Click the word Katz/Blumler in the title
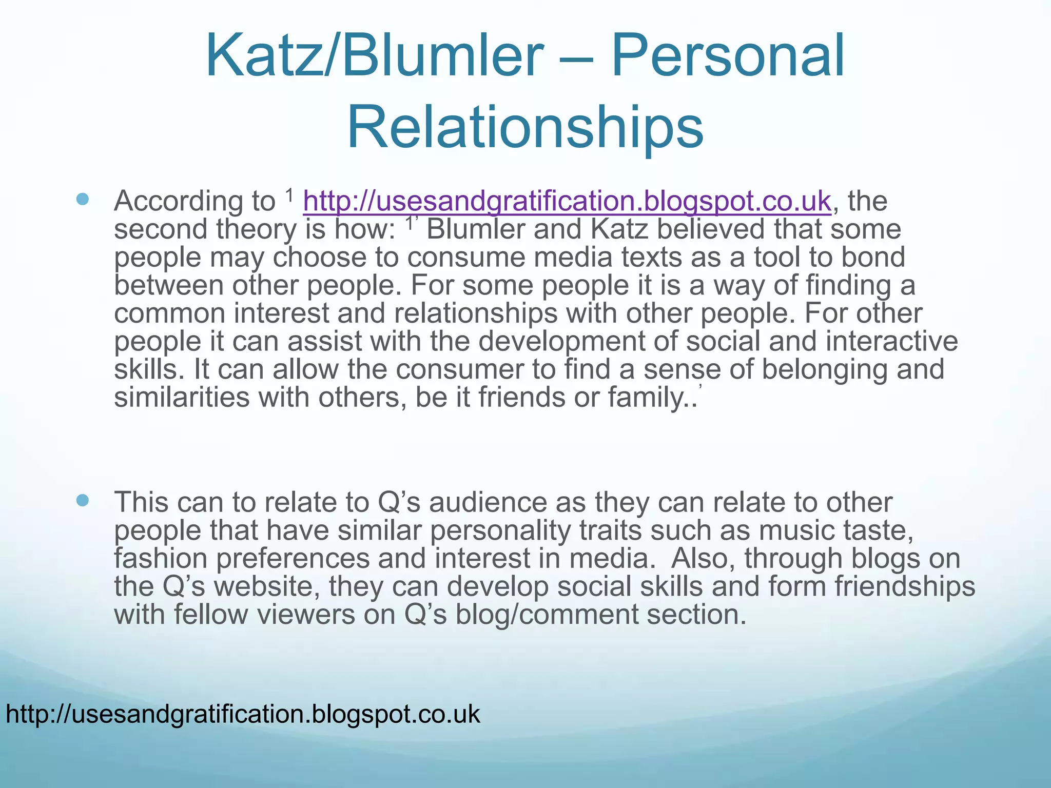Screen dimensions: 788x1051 [374, 55]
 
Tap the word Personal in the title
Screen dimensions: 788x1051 [728, 55]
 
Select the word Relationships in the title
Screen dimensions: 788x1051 [525, 127]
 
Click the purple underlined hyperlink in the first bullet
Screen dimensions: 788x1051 [567, 201]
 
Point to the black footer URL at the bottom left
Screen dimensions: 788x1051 [243, 714]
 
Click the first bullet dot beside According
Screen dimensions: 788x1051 [82, 199]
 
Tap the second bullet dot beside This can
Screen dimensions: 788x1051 [82, 500]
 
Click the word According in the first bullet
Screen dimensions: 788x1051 [194, 201]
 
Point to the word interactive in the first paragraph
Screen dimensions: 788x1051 [891, 341]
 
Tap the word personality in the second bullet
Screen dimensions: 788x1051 [500, 530]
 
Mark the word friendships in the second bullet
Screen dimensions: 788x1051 [905, 586]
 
